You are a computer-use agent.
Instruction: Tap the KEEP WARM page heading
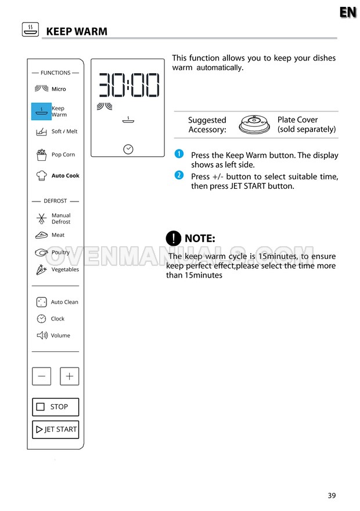pyautogui.click(x=77, y=31)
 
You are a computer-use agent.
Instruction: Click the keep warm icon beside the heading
pyautogui.click(x=30, y=30)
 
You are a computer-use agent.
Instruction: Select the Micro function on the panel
pyautogui.click(x=58, y=89)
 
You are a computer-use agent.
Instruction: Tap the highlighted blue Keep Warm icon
pyautogui.click(x=41, y=111)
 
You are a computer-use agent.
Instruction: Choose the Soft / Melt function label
pyautogui.click(x=64, y=131)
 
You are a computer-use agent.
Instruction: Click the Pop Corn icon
pyautogui.click(x=41, y=154)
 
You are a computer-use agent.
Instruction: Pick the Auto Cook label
pyautogui.click(x=65, y=175)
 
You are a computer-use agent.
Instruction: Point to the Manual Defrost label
pyautogui.click(x=60, y=218)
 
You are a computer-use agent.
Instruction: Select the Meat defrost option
pyautogui.click(x=57, y=235)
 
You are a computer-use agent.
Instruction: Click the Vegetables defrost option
pyautogui.click(x=64, y=269)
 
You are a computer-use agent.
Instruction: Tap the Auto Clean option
pyautogui.click(x=64, y=302)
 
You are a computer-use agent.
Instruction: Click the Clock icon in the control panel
pyautogui.click(x=42, y=319)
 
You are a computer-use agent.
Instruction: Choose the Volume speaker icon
pyautogui.click(x=42, y=335)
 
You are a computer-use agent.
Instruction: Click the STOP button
pyautogui.click(x=55, y=406)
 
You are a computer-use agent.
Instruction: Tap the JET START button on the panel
pyautogui.click(x=55, y=430)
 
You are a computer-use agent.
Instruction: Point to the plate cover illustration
pyautogui.click(x=255, y=124)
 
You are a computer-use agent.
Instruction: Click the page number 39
pyautogui.click(x=332, y=495)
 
